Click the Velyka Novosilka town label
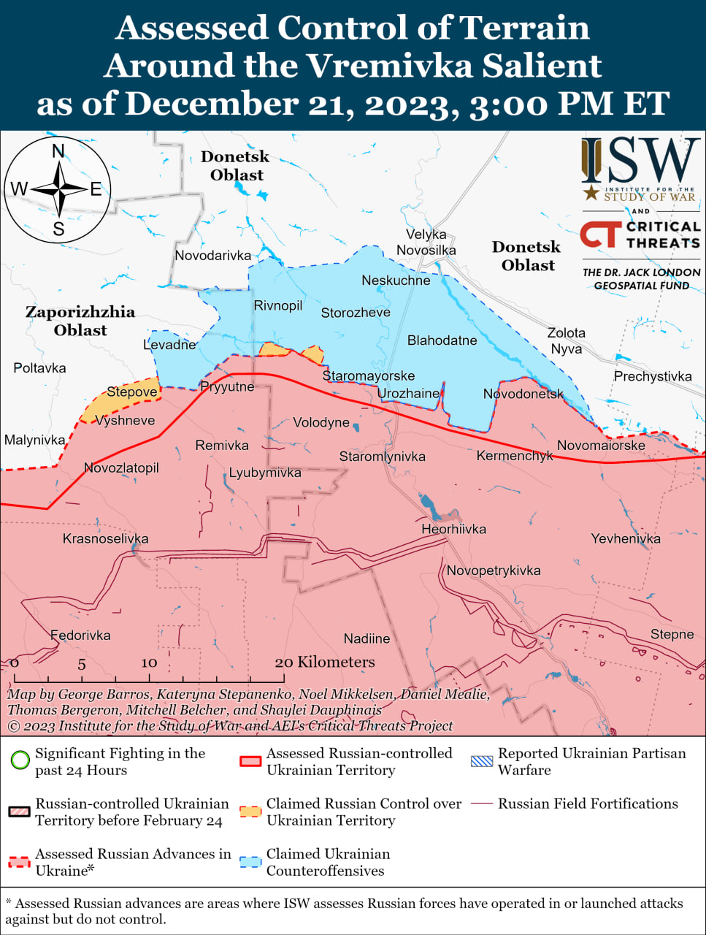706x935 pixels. pos(426,243)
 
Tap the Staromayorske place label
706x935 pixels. pos(369,375)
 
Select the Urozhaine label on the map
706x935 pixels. pos(408,393)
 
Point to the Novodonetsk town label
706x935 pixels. pos(523,394)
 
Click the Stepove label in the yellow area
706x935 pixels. pos(132,392)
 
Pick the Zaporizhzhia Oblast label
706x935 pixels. pos(80,321)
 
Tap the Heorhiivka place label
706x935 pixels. pos(453,529)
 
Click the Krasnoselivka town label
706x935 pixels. pos(105,538)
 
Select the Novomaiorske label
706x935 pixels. pos(601,445)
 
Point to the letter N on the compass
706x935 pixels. pos(58,151)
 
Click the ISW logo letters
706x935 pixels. pos(640,161)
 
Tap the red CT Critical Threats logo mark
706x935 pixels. pos(600,234)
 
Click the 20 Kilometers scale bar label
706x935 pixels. pos(325,662)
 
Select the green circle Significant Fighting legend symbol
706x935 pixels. pos(20,760)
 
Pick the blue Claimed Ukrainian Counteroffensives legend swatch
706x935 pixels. pos(250,862)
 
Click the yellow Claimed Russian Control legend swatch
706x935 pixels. pos(250,812)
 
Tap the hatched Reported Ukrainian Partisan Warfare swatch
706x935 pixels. pos(482,761)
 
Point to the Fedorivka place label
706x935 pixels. pos(80,635)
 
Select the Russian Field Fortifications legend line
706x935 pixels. pos(482,804)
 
